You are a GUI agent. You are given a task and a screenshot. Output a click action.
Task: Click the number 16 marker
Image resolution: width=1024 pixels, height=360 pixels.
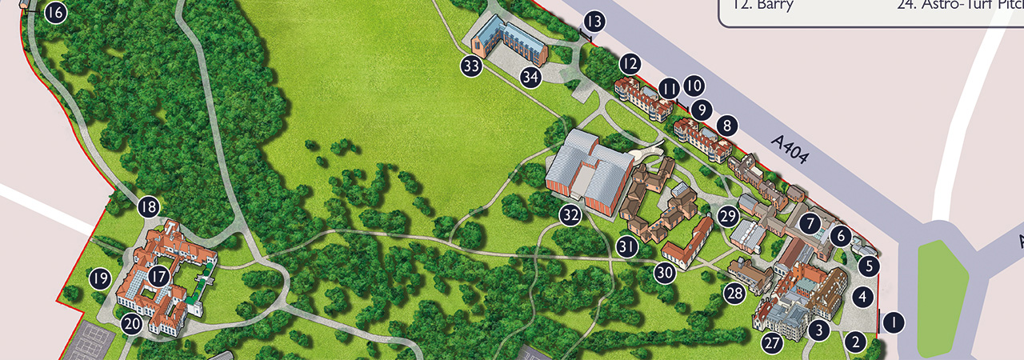click(x=54, y=13)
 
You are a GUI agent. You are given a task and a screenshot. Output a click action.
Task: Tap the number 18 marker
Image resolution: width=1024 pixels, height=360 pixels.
click(x=148, y=207)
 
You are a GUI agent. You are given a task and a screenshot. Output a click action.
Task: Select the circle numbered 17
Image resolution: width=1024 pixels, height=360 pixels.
click(x=159, y=277)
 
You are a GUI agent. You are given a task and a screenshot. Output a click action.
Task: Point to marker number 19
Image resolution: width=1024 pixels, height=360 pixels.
click(x=99, y=278)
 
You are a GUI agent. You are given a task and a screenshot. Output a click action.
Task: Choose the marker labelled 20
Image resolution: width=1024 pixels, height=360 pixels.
click(x=131, y=324)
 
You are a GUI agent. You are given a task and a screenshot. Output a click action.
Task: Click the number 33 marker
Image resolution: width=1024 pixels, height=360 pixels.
click(x=471, y=66)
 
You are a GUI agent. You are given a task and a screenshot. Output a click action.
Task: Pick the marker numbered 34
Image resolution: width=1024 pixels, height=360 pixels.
click(x=530, y=77)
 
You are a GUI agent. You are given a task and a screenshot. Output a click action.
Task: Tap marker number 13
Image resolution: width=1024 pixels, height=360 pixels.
click(x=594, y=22)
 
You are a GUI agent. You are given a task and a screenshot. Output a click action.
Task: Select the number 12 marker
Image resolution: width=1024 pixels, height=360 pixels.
click(x=630, y=63)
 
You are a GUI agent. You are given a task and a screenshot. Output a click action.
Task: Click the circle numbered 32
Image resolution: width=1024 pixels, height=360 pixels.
click(x=570, y=214)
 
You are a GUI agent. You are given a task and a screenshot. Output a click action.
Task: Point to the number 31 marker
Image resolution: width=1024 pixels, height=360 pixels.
click(x=627, y=248)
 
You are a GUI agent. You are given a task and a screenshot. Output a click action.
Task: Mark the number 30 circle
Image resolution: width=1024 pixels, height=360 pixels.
click(x=664, y=272)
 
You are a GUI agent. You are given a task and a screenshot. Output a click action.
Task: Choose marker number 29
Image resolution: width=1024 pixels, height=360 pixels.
click(x=727, y=215)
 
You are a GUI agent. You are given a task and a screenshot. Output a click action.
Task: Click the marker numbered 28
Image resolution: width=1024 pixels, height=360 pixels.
click(x=734, y=293)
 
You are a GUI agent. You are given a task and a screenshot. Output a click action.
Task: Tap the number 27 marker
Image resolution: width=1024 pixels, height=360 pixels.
click(x=771, y=344)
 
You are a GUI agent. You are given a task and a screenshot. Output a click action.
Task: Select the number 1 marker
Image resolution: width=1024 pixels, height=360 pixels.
click(x=893, y=322)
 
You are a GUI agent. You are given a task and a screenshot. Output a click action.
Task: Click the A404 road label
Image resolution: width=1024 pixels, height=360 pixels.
click(x=790, y=150)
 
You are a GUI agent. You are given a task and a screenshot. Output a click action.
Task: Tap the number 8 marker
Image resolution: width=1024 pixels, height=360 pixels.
click(x=726, y=125)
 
